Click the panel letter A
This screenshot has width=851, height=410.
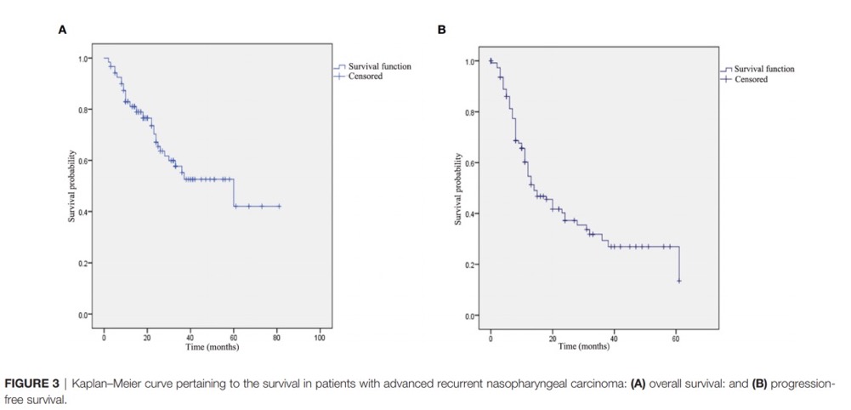(x=62, y=30)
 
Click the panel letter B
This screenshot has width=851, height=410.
(x=441, y=30)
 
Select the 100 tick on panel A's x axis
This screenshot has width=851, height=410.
(x=321, y=338)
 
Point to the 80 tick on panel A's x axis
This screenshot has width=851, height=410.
(x=277, y=338)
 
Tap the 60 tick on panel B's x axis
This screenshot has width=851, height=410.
(x=676, y=339)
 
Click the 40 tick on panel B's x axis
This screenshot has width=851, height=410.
(x=614, y=339)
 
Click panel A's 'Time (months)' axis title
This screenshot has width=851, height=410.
(x=212, y=348)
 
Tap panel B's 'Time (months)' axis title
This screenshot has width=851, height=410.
(x=583, y=347)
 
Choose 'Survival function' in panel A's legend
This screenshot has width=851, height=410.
(x=380, y=67)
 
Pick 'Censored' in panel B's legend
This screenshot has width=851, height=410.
(x=751, y=79)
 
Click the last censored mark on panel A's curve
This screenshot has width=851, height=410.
(x=279, y=206)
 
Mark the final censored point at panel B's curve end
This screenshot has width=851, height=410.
(x=678, y=281)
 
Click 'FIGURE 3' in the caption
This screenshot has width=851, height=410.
(x=33, y=384)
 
